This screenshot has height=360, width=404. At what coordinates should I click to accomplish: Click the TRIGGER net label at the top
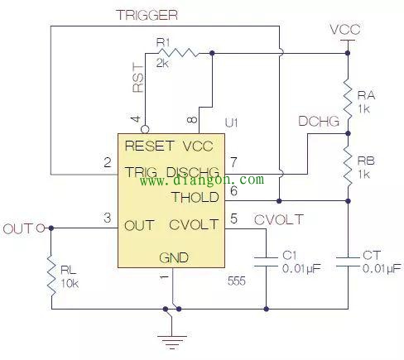tap(147, 15)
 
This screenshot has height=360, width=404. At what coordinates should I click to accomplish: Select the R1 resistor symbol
tap(178, 53)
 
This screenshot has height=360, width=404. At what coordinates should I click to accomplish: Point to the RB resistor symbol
tap(348, 167)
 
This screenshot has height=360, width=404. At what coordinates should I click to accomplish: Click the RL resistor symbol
tap(51, 276)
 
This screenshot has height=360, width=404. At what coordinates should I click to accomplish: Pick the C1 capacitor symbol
tap(266, 262)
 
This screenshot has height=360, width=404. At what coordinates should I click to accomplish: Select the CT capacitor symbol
tap(348, 262)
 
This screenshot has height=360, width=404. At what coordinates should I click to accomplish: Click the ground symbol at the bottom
tap(171, 343)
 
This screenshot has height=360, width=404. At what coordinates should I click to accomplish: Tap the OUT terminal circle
tap(41, 228)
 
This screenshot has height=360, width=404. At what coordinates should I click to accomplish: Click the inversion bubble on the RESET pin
tap(145, 129)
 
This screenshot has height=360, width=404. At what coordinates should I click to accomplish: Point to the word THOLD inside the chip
tap(195, 197)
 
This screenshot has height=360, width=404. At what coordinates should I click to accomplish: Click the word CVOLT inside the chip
tap(194, 224)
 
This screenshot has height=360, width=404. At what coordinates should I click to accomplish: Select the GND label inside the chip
tap(174, 258)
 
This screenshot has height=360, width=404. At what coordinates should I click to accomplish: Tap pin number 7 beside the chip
tap(233, 162)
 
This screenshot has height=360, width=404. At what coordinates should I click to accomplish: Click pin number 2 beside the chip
tap(108, 162)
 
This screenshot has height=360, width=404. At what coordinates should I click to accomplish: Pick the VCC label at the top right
tap(345, 30)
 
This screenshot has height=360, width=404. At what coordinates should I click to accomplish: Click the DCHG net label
tap(319, 121)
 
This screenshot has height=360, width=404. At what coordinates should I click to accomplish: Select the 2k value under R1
tap(162, 63)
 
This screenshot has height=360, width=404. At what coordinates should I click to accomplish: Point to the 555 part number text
tap(237, 281)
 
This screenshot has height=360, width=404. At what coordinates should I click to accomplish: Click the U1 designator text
tap(232, 122)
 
